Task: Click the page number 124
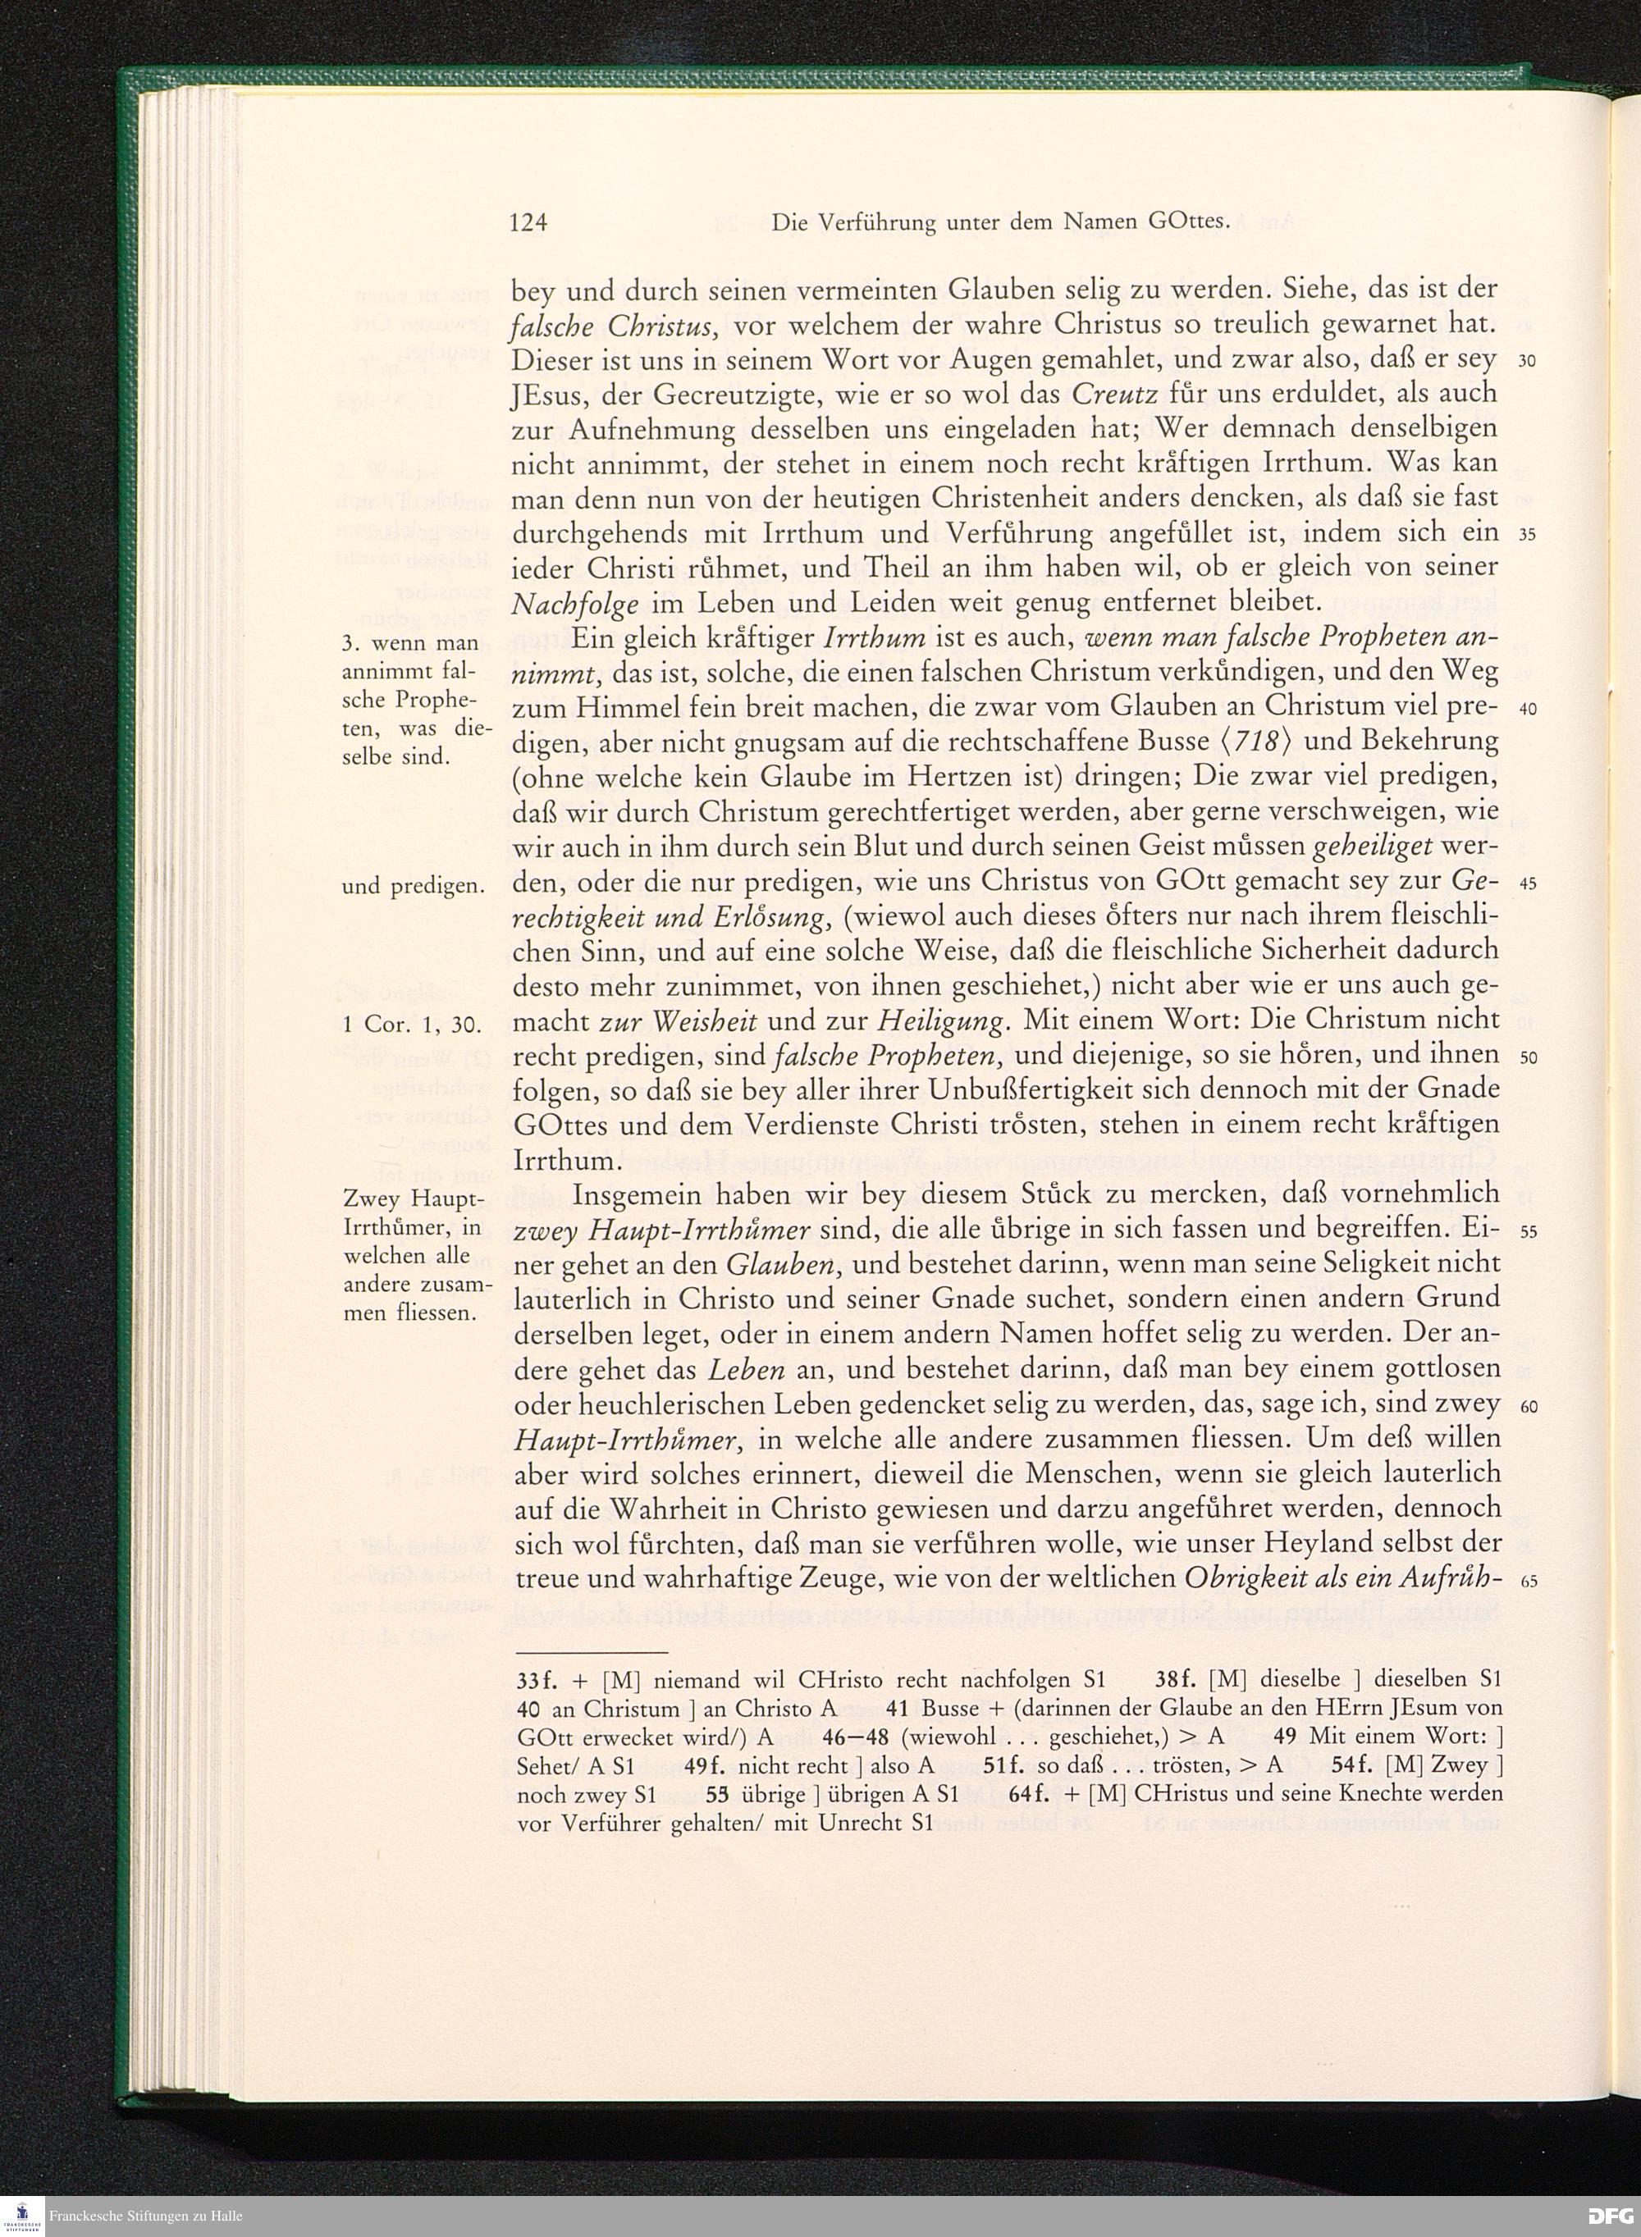pos(528,223)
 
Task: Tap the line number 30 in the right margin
pos(1528,360)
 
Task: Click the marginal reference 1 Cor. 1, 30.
pos(410,1024)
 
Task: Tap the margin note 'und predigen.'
pos(411,887)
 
